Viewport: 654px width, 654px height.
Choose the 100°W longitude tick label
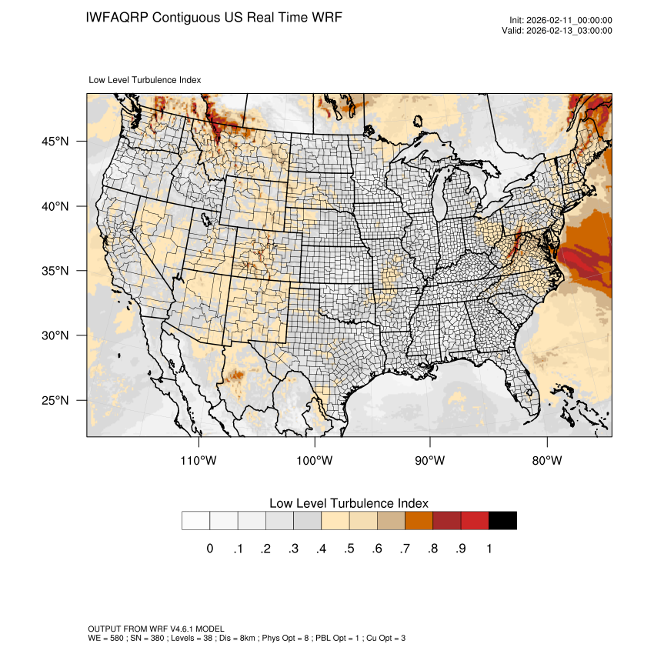click(315, 461)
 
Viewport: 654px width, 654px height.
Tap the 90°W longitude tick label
click(430, 461)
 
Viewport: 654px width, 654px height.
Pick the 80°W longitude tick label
click(546, 461)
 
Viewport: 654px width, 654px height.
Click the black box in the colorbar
click(502, 521)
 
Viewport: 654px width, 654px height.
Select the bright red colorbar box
click(475, 521)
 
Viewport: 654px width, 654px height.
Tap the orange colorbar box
click(419, 521)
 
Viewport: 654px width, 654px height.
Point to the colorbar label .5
click(349, 549)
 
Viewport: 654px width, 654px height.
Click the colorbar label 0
click(210, 549)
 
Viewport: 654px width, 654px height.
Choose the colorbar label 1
click(489, 549)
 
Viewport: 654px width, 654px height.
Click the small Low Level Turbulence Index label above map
click(145, 80)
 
